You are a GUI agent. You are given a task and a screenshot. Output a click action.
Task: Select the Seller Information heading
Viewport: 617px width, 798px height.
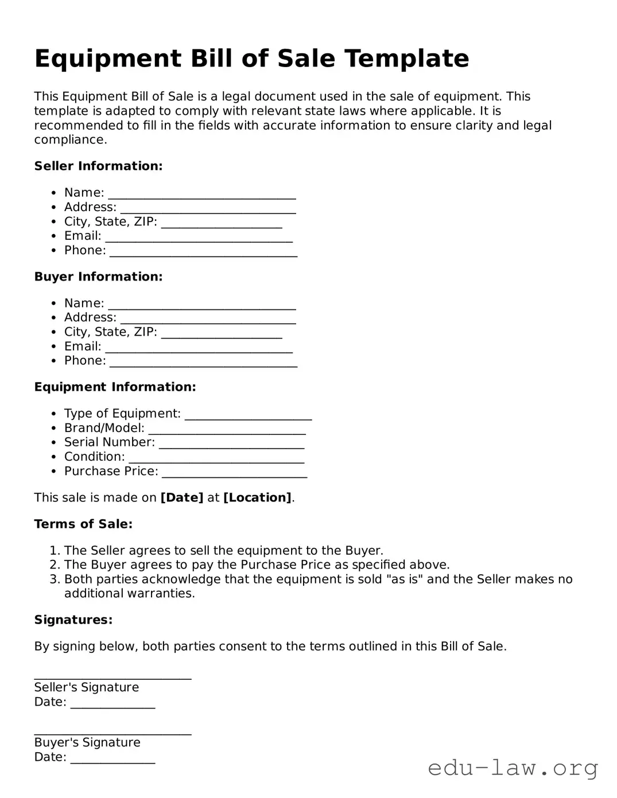click(98, 166)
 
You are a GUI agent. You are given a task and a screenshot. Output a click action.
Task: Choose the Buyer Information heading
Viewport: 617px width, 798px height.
click(98, 277)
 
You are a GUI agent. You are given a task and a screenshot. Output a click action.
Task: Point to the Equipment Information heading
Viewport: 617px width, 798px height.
click(115, 387)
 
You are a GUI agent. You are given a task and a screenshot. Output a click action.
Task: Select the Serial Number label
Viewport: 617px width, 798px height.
click(109, 442)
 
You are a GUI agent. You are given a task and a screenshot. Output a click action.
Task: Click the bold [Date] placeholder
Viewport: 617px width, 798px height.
click(182, 498)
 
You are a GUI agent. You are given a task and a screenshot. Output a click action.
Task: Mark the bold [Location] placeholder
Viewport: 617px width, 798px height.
click(257, 498)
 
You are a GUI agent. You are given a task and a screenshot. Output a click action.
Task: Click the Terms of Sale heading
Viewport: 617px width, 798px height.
click(83, 524)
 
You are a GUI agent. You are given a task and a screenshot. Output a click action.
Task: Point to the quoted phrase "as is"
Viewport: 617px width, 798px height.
click(405, 579)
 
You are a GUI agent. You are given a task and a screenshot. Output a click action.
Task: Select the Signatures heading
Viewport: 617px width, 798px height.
click(73, 620)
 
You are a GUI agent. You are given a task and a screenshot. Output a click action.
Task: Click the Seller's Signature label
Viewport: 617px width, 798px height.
click(86, 687)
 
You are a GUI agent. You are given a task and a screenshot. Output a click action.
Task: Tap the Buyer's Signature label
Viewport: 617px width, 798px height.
click(87, 742)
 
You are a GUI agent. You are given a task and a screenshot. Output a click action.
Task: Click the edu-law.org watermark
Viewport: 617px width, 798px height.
click(513, 768)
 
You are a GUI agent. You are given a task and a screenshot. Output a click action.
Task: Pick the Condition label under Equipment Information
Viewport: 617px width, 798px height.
click(94, 457)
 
